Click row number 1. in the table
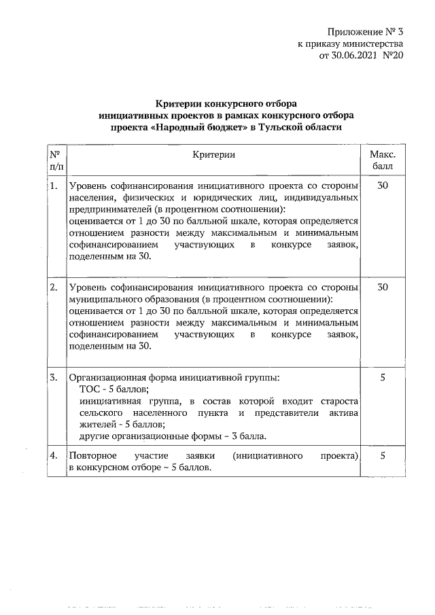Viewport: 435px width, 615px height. point(53,185)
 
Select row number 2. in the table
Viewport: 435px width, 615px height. point(53,287)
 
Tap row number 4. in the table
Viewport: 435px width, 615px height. point(53,457)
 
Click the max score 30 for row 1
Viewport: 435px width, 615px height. point(382,185)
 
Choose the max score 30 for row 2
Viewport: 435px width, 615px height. point(382,287)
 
